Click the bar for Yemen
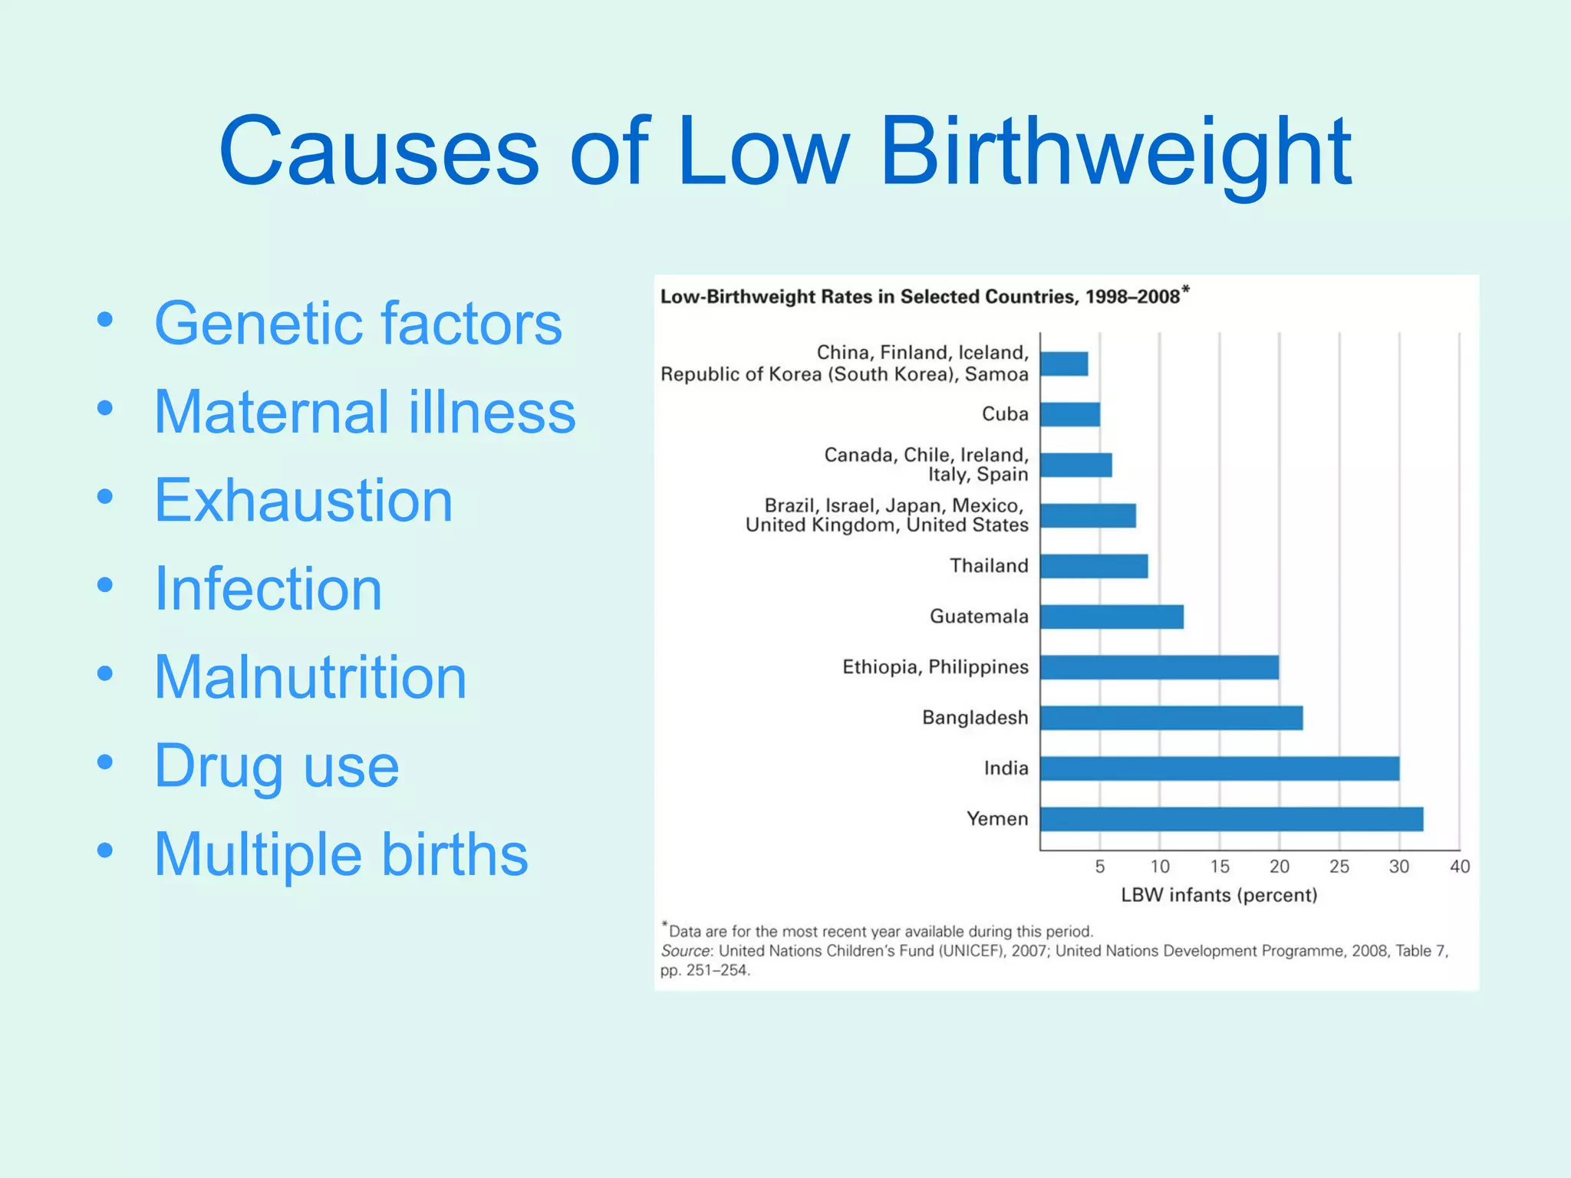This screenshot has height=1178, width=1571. tap(1231, 819)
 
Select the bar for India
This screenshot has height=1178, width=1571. tap(1220, 768)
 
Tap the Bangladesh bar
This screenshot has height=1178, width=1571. tap(1171, 718)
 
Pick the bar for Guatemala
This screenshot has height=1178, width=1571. tap(1112, 617)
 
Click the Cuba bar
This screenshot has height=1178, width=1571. tap(1070, 415)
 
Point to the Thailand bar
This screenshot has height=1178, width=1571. tap(1094, 566)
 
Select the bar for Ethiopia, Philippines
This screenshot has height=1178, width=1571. tap(1159, 667)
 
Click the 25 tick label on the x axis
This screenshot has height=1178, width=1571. tap(1339, 867)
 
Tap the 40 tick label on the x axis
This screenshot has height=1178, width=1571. tap(1460, 867)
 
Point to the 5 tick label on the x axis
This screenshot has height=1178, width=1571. tap(1100, 867)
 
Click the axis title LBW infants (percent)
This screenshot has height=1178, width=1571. tap(1219, 895)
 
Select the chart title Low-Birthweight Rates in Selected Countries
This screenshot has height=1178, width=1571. tap(921, 297)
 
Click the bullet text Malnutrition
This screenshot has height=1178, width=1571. tap(311, 677)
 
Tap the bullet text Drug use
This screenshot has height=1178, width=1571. tap(277, 765)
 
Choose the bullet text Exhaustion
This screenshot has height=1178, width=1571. tap(304, 500)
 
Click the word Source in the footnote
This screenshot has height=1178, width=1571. tap(686, 951)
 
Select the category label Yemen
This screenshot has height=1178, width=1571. tap(997, 819)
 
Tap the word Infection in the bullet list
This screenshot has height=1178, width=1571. tap(268, 589)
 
